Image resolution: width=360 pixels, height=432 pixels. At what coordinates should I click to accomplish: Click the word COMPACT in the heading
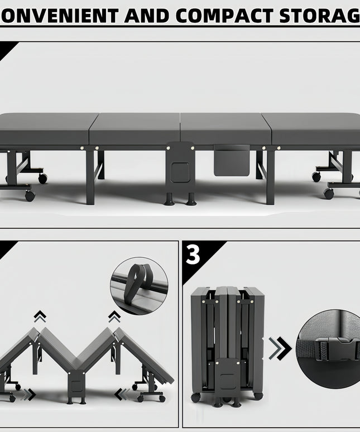(x=224, y=16)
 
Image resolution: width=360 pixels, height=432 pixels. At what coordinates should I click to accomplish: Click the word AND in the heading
(x=147, y=16)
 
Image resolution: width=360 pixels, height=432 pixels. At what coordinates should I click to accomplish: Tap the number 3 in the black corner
(x=193, y=255)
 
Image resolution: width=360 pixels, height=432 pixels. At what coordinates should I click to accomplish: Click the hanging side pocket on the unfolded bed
(x=232, y=160)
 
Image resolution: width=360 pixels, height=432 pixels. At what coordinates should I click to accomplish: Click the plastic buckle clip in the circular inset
(x=336, y=349)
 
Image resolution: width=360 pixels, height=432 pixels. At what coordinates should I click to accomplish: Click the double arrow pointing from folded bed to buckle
(x=280, y=348)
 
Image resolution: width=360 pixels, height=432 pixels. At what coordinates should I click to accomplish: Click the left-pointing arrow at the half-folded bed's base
(x=122, y=394)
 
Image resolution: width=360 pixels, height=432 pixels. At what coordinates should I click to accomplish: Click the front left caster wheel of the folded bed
(x=195, y=397)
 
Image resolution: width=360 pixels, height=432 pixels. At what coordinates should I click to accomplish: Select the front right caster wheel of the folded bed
(x=258, y=396)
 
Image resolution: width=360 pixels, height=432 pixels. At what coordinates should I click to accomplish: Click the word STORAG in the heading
(x=319, y=16)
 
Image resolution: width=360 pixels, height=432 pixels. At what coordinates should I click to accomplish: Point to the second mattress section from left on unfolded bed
(x=135, y=129)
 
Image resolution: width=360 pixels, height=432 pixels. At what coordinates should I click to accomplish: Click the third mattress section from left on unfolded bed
(x=226, y=129)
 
